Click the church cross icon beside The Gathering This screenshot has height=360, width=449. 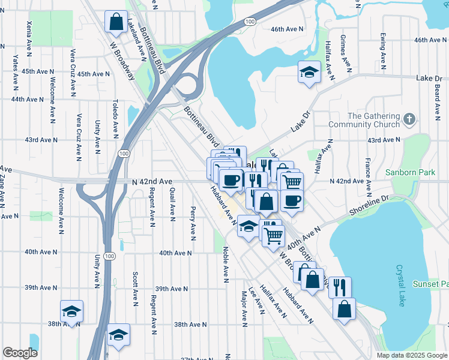click(410, 119)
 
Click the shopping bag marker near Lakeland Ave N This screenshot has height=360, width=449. click(115, 22)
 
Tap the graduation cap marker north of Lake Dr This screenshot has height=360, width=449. click(309, 73)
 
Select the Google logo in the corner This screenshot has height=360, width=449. click(20, 353)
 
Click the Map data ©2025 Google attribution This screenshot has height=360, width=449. click(411, 355)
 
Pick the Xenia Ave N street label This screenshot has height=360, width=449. click(28, 37)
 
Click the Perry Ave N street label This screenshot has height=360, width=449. click(193, 223)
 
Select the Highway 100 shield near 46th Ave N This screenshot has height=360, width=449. click(250, 22)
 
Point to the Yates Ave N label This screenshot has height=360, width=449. click(15, 71)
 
